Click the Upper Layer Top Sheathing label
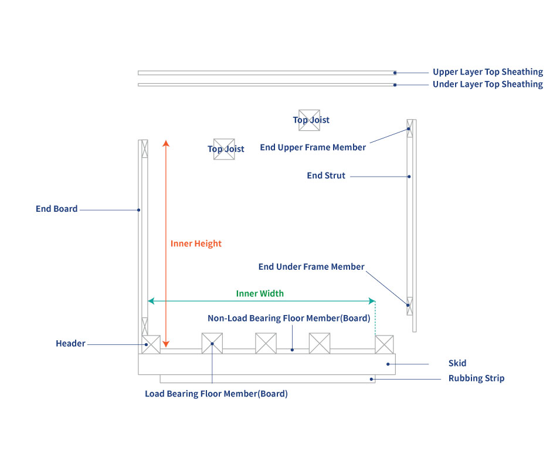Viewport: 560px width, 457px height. pos(487,72)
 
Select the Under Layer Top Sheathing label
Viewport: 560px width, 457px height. pos(487,84)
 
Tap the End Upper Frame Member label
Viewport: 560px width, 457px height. pos(313,147)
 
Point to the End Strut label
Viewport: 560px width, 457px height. pos(326,175)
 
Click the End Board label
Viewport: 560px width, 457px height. pos(56,209)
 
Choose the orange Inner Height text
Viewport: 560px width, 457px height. pos(196,243)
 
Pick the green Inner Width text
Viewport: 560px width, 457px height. pos(260,293)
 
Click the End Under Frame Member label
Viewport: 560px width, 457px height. pos(311,267)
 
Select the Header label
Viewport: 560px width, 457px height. pos(70,343)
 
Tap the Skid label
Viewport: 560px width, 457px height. pos(457,364)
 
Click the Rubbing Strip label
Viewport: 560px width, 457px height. pos(476,378)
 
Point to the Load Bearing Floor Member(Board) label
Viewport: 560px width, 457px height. pos(216,394)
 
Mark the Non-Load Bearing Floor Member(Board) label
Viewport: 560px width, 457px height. pos(289,319)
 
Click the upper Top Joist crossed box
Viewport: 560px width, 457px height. pos(309,120)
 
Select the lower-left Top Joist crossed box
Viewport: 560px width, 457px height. pos(224,149)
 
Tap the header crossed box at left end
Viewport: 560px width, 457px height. pos(151,344)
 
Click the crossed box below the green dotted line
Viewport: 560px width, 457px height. pos(384,344)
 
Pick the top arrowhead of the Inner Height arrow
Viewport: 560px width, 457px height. pos(166,143)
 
